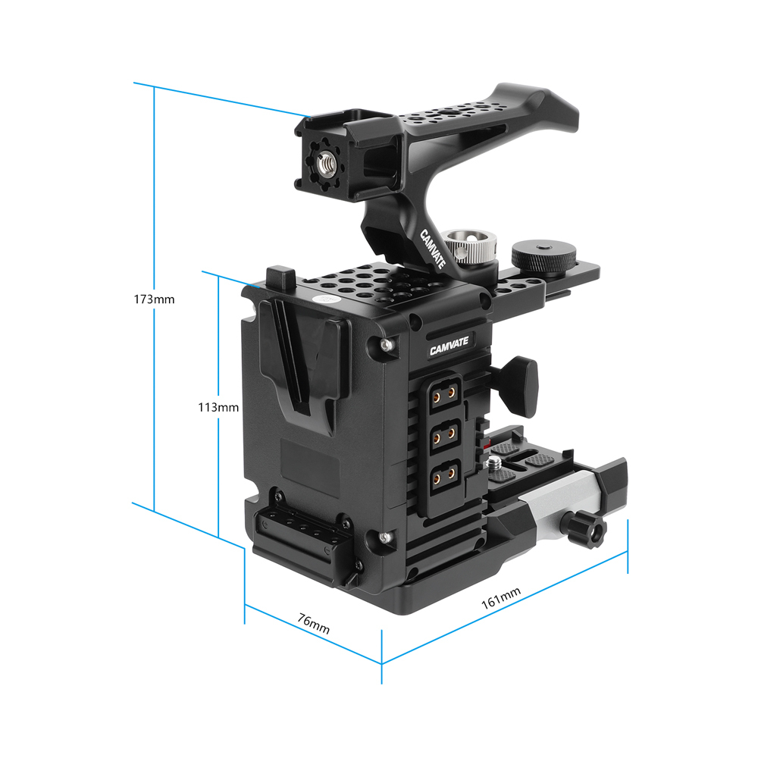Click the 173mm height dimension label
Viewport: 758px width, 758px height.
[x=155, y=299]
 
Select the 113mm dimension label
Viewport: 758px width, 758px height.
[x=218, y=407]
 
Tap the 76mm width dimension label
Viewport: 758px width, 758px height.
[x=313, y=623]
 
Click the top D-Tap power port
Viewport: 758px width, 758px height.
[x=443, y=394]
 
